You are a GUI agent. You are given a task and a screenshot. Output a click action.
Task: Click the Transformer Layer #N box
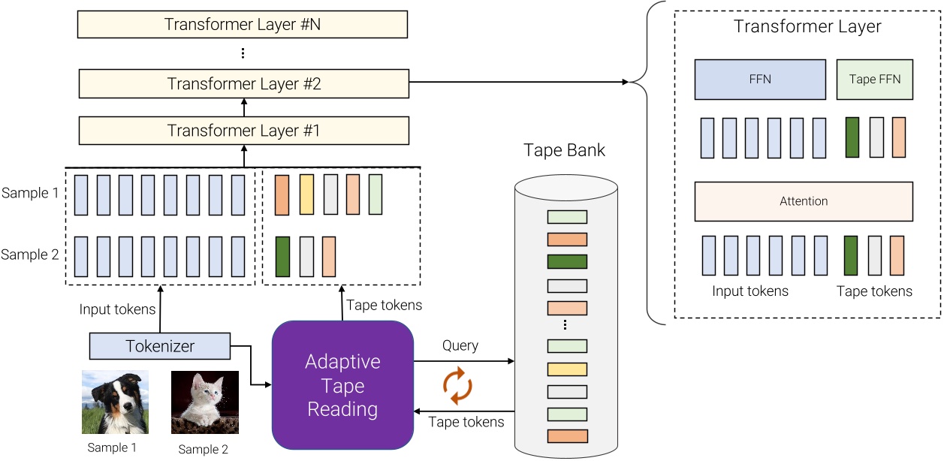pos(243,23)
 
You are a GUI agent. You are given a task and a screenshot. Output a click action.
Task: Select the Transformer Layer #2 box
pos(243,83)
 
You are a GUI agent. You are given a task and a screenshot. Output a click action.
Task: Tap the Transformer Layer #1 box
pos(243,130)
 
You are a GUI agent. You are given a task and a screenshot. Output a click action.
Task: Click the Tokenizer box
pos(159,346)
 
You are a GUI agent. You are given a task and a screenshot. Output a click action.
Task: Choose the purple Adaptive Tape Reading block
pos(342,386)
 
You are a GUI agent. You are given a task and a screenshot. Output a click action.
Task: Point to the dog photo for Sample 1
pos(115,402)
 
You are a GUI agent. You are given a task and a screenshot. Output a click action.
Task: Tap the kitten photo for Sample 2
pos(204,402)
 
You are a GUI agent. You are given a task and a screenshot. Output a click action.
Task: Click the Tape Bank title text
pos(565,150)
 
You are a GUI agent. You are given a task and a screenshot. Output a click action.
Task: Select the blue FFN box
pos(760,80)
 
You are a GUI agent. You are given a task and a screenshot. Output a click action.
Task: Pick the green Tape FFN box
pos(874,80)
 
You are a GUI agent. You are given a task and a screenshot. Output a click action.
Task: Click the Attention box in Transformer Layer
pos(804,201)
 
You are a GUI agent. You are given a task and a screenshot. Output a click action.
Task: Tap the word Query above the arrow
pos(460,346)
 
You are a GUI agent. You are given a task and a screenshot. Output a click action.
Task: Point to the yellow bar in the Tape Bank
pos(567,369)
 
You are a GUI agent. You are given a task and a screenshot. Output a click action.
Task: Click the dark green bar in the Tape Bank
pos(567,262)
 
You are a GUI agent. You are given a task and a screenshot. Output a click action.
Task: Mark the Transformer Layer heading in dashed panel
pos(807,27)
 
